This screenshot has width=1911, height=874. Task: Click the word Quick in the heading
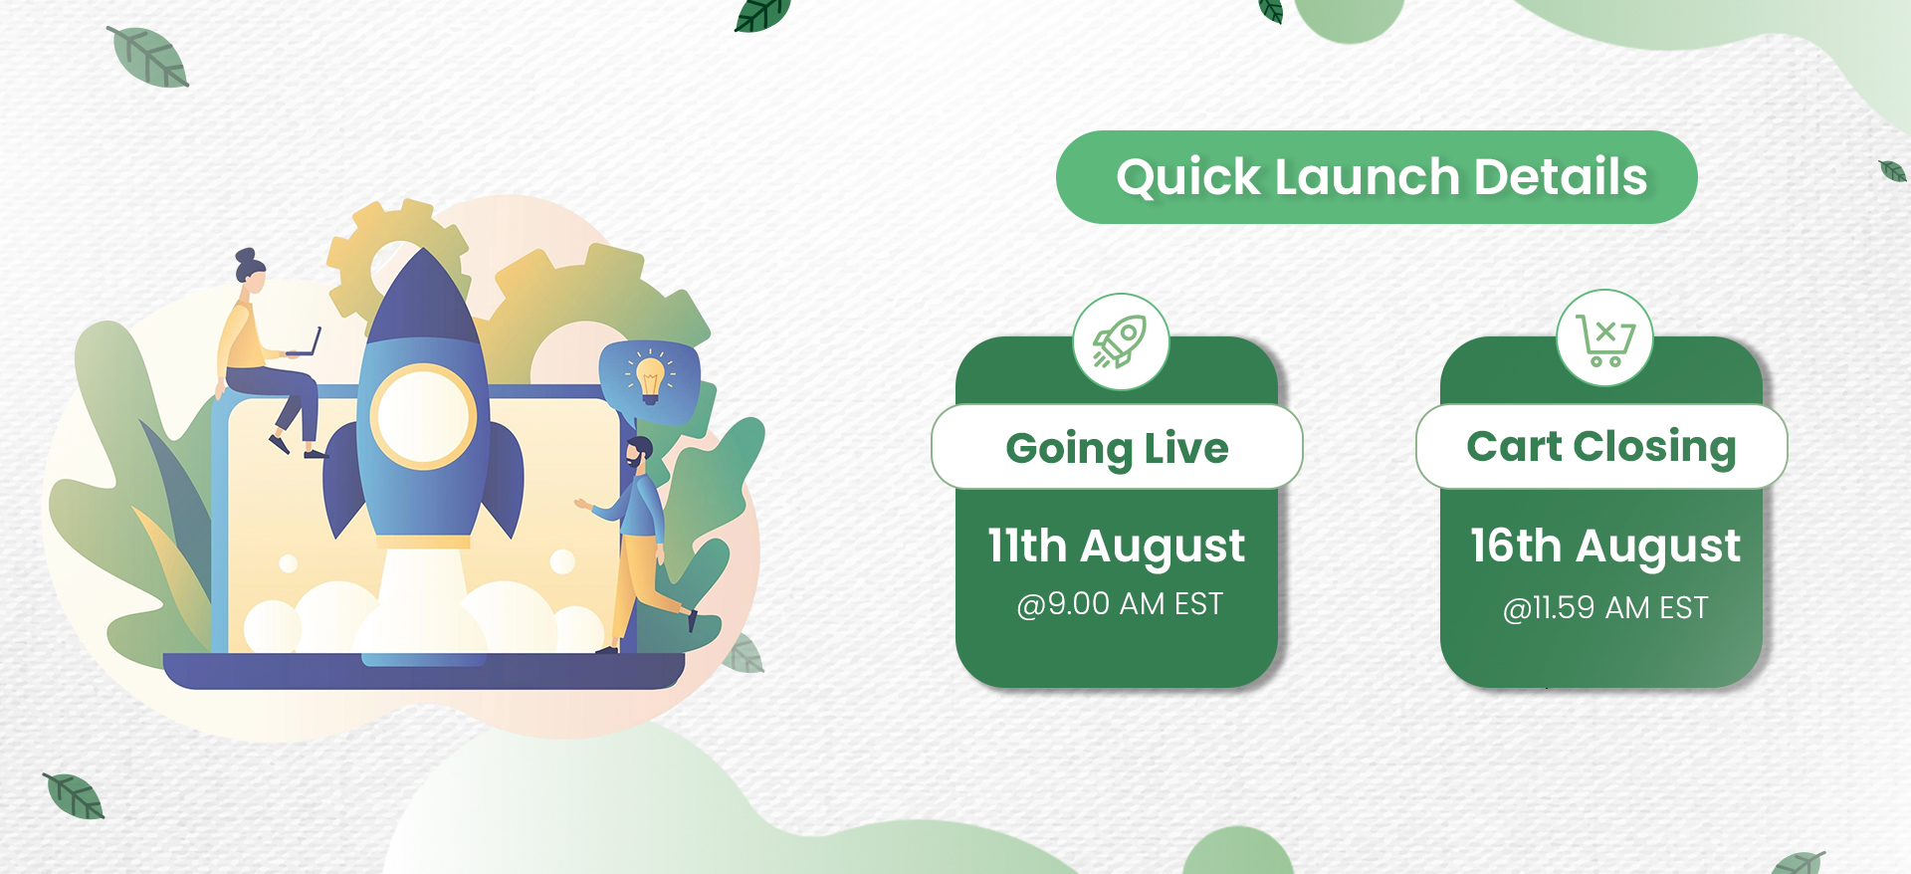(x=1188, y=178)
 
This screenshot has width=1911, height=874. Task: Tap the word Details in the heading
(x=1561, y=176)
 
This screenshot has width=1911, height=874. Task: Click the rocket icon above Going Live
(x=1121, y=341)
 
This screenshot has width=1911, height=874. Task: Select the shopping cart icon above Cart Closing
(x=1604, y=339)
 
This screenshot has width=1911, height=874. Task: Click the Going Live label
(x=1117, y=448)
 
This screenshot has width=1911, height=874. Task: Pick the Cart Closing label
(x=1600, y=447)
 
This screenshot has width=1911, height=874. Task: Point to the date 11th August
(x=1116, y=546)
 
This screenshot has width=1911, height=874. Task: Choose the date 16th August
(x=1605, y=546)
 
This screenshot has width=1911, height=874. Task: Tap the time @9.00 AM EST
(x=1120, y=604)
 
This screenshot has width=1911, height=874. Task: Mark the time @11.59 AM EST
(x=1605, y=607)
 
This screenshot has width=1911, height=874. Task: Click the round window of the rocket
(x=423, y=417)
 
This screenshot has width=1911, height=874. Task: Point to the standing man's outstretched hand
(x=582, y=505)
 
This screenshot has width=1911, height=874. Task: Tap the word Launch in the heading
(x=1367, y=176)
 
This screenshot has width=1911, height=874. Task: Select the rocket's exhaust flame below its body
(x=423, y=597)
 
